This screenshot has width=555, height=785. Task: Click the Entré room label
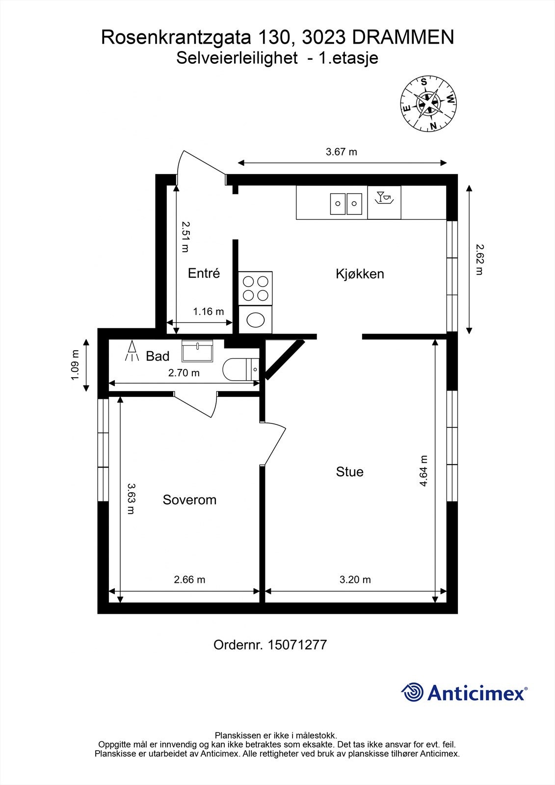[x=204, y=273]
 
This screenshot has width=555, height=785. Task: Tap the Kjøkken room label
[x=360, y=274]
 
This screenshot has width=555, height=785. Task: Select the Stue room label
[x=349, y=472]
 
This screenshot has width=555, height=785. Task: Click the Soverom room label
[x=189, y=500]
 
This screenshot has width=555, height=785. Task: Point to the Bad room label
[x=158, y=356]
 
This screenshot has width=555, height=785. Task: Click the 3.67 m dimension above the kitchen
[x=342, y=152]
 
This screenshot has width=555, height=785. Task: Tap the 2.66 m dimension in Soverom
[x=189, y=579]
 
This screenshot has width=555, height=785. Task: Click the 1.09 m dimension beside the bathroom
[x=75, y=365]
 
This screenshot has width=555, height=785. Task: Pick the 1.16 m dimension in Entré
[x=208, y=312]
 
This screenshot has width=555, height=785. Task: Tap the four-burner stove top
[x=256, y=288]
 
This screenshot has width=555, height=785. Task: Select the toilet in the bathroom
[x=240, y=369]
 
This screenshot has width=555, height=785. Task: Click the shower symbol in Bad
[x=132, y=351]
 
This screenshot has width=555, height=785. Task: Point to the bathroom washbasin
[x=197, y=351]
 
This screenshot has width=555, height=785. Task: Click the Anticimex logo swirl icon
[x=413, y=692]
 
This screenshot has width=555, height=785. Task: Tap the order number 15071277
[x=297, y=645]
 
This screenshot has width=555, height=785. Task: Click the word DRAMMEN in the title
[x=402, y=38]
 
